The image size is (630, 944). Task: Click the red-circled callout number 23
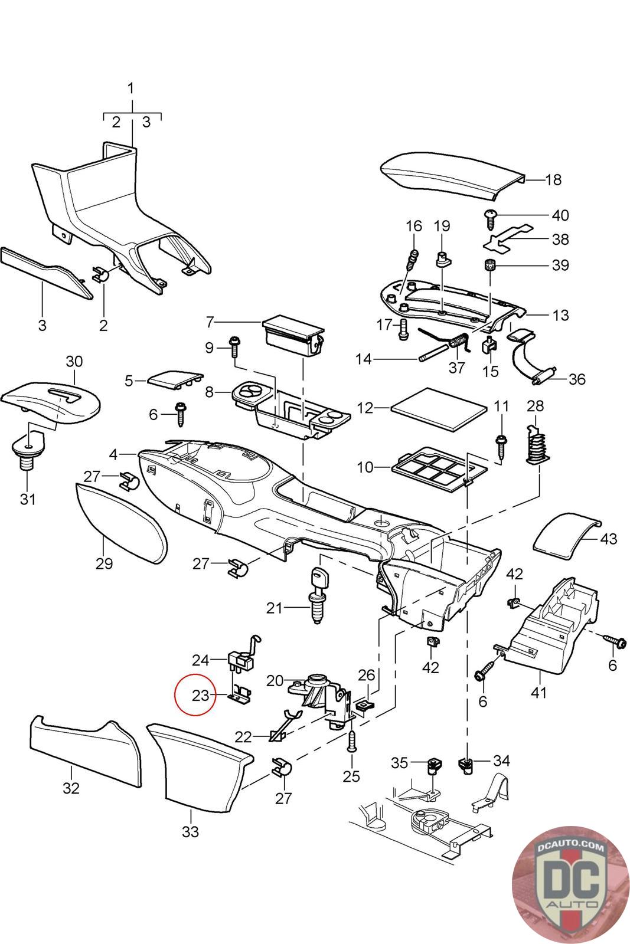[x=200, y=695]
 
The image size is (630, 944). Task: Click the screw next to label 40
[x=491, y=218]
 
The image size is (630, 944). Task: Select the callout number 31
[x=28, y=499]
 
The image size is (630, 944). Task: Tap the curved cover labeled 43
[x=567, y=537]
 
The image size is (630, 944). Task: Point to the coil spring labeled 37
[x=458, y=341]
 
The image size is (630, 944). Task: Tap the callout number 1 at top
[x=131, y=88]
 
